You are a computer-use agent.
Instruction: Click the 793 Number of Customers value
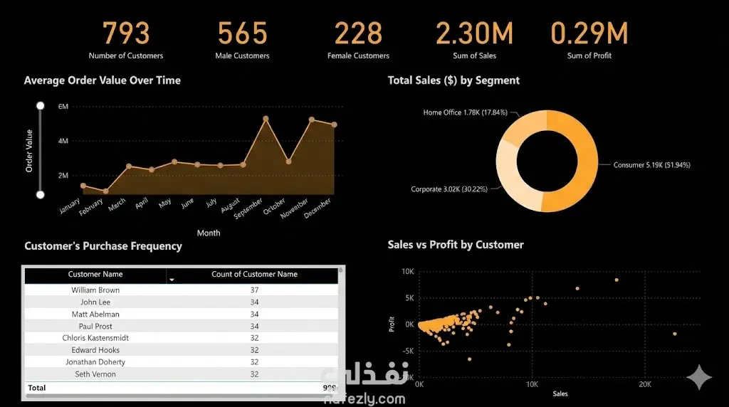pos(126,33)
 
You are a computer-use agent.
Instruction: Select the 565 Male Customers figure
pos(242,33)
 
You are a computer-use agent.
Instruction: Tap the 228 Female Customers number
pos(358,33)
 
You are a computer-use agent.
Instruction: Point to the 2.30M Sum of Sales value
pos(474,33)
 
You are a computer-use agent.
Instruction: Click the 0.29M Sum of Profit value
pos(589,33)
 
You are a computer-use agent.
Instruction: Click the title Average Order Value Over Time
pos(103,80)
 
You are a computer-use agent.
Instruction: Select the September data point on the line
pos(266,119)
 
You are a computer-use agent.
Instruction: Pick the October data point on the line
pos(288,162)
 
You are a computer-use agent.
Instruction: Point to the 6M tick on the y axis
pos(63,107)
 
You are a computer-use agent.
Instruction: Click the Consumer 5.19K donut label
pos(651,165)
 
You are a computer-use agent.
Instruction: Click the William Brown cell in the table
pos(95,290)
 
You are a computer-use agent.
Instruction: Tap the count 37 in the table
pos(254,290)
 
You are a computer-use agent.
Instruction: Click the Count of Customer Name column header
pos(254,274)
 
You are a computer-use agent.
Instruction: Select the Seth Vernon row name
pos(95,374)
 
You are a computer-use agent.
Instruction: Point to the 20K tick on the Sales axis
pos(644,384)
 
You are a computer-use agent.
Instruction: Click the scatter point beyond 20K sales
pos(674,334)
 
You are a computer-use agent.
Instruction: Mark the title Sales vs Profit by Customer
pos(456,245)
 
